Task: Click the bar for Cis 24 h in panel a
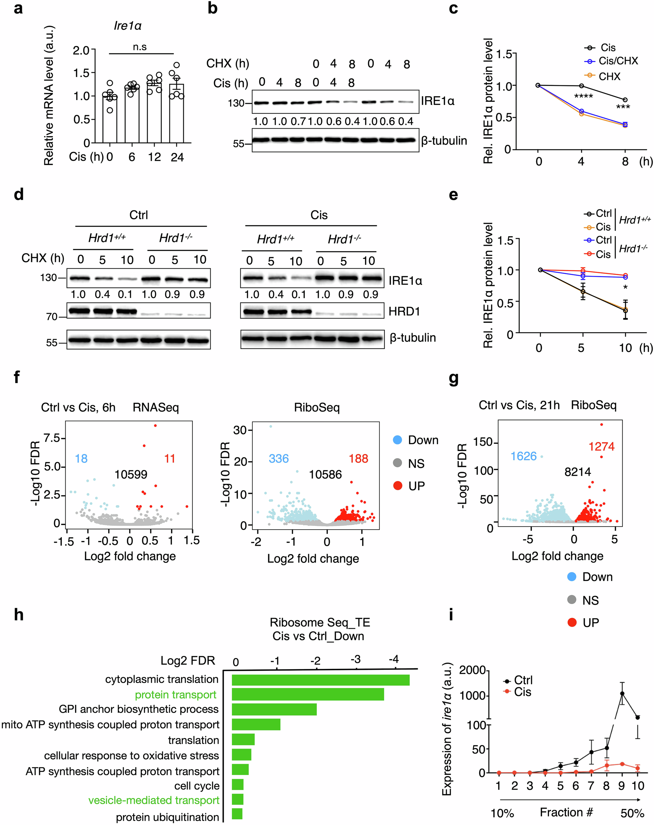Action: click(176, 115)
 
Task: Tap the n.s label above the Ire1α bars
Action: click(140, 47)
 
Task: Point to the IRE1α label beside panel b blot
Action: click(437, 101)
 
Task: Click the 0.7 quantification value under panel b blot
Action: click(298, 122)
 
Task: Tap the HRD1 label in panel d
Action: click(404, 311)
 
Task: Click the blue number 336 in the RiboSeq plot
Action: click(278, 458)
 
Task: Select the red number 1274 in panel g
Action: click(601, 446)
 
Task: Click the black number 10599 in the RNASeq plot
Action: click(130, 474)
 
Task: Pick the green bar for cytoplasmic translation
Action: click(321, 680)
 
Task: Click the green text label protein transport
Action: click(176, 695)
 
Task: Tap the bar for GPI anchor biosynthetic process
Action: click(274, 709)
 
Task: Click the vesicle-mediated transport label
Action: click(154, 800)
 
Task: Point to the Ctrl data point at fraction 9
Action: click(622, 693)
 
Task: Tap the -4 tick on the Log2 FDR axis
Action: click(394, 659)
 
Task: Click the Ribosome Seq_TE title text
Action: click(320, 622)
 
